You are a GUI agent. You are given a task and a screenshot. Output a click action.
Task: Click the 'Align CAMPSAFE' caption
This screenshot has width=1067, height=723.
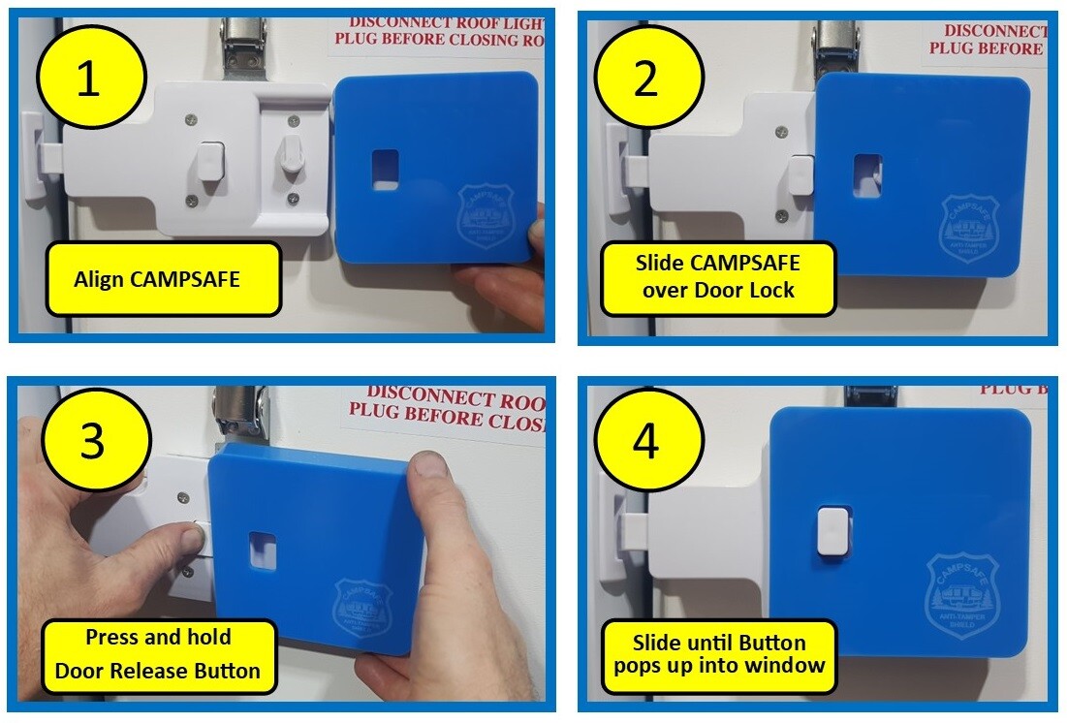point(157,279)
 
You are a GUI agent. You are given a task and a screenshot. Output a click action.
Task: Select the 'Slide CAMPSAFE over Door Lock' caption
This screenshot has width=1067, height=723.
point(718,278)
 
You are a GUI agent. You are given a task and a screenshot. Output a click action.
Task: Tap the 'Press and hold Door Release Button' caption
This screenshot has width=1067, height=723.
point(158,653)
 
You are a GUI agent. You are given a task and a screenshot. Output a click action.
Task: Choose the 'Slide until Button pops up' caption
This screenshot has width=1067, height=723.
point(718,654)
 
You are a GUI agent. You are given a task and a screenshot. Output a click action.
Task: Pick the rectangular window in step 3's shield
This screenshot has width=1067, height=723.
point(262,550)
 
